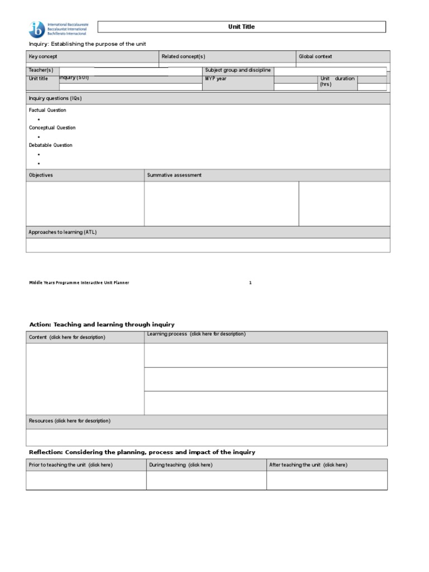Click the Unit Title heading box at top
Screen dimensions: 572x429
click(241, 27)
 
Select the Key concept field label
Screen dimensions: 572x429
click(43, 56)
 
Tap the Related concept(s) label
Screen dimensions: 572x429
click(183, 56)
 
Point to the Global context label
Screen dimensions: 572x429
click(316, 56)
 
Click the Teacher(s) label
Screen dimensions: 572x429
click(41, 70)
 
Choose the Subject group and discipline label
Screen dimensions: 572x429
click(238, 70)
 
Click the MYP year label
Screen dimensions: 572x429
click(216, 79)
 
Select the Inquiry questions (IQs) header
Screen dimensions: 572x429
click(55, 98)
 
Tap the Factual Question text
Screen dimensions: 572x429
click(47, 110)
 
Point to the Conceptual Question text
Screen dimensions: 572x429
click(52, 127)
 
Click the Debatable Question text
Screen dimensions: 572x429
click(51, 145)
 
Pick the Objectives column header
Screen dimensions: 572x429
click(41, 175)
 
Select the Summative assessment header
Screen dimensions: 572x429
click(174, 175)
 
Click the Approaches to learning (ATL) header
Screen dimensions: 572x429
click(63, 232)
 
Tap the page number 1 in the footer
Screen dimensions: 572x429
click(250, 283)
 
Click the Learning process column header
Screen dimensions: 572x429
click(196, 334)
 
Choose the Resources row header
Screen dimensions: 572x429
click(69, 421)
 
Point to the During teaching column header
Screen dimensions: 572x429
click(180, 465)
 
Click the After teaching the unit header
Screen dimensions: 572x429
click(308, 465)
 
